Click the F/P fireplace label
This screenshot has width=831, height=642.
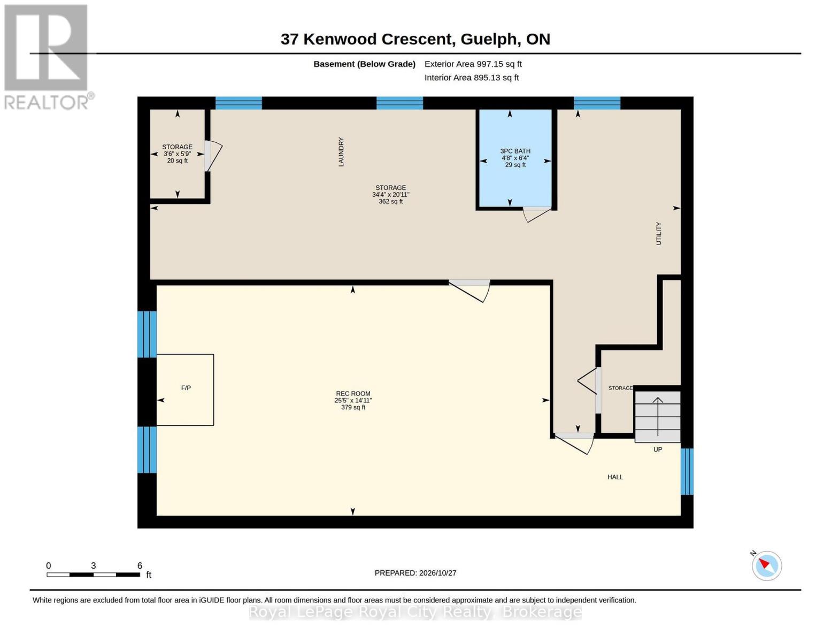186,388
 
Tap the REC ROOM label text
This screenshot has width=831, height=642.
353,394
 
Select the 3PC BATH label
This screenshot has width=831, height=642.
515,151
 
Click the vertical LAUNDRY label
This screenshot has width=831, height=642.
341,152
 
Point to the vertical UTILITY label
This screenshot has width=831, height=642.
658,233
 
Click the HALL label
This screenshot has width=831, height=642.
615,477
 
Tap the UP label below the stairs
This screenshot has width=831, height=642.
657,449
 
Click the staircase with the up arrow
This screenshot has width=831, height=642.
657,417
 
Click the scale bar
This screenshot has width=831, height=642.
93,575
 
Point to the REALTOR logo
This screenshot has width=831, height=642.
48,57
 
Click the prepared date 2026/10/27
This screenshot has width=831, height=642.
437,573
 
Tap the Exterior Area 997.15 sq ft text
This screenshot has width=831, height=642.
473,64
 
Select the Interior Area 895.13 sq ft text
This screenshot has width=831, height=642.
472,78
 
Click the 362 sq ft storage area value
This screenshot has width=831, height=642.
390,201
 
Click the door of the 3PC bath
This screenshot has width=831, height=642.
537,214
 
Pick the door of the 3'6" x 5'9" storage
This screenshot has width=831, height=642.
213,156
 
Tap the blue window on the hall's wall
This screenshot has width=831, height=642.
687,472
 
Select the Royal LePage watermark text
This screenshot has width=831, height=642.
416,613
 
